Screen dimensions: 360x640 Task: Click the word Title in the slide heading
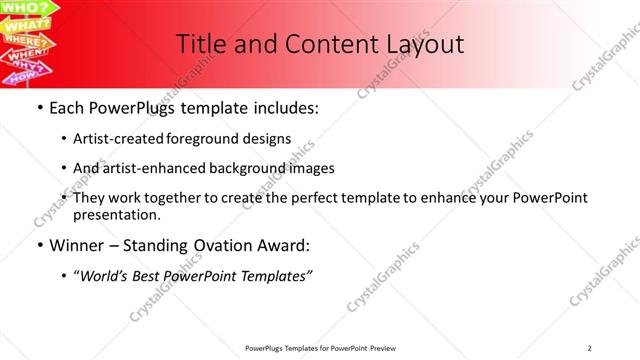click(x=200, y=44)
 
